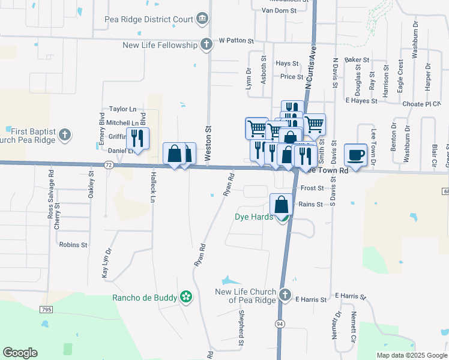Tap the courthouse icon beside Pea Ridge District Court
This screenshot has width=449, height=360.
[x=202, y=19]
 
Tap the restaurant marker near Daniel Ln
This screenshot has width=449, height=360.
[x=137, y=139]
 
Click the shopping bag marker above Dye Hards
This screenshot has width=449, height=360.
[x=282, y=205]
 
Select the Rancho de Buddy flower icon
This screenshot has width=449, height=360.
[x=186, y=296]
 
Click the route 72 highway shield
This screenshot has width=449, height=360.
[x=108, y=164]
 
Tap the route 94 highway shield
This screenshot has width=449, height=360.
[x=280, y=323]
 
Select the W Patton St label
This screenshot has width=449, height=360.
[x=237, y=41]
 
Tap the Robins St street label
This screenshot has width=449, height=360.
[x=73, y=245]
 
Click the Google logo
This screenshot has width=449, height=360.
[x=20, y=353]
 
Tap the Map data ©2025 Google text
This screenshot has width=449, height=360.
[x=412, y=355]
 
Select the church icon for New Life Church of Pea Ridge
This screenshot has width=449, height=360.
[x=285, y=295]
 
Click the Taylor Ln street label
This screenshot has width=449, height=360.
[x=122, y=109]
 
